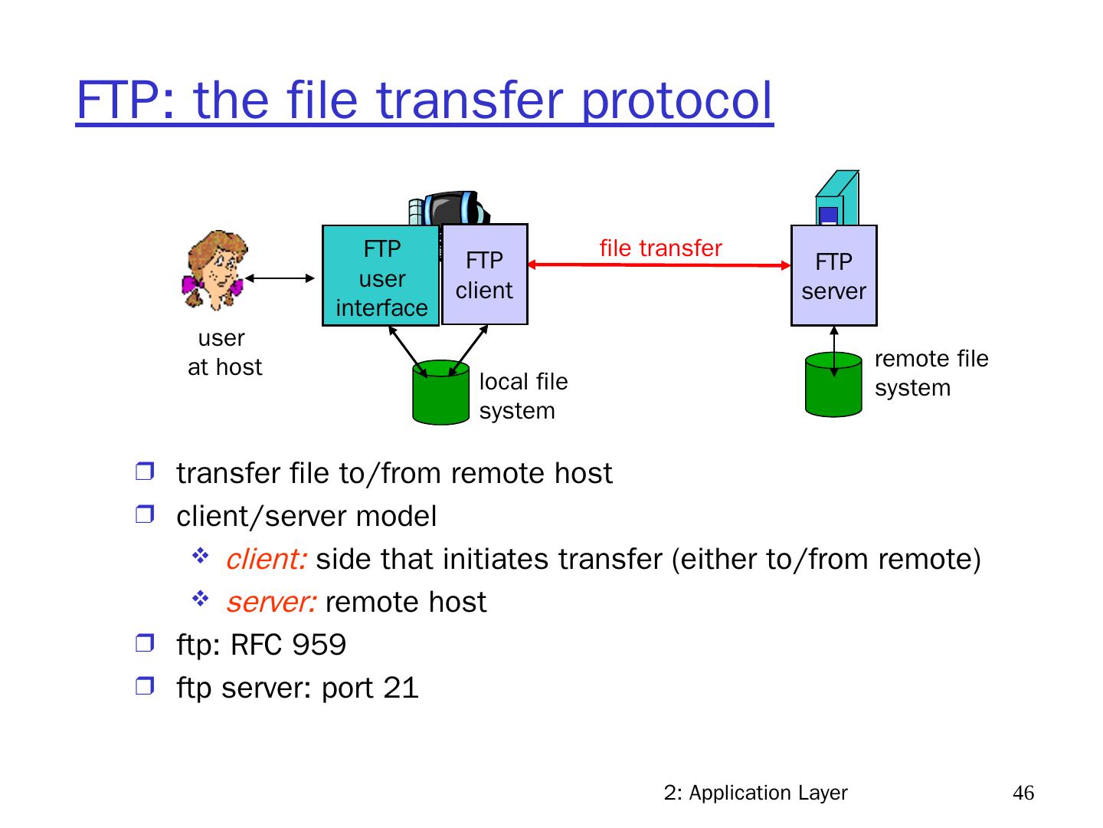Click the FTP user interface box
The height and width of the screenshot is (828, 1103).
pyautogui.click(x=381, y=276)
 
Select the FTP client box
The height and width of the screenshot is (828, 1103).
pyautogui.click(x=485, y=274)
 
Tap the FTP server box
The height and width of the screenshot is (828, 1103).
pyautogui.click(x=833, y=276)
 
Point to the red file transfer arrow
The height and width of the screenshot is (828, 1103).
pyautogui.click(x=659, y=265)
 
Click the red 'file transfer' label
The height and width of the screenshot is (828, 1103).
pyautogui.click(x=660, y=248)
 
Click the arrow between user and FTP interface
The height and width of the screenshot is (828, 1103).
pyautogui.click(x=279, y=278)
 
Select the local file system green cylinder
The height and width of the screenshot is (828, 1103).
pyautogui.click(x=440, y=393)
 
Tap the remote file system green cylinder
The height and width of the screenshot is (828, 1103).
pyautogui.click(x=833, y=385)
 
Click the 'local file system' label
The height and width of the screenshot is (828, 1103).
pyautogui.click(x=523, y=396)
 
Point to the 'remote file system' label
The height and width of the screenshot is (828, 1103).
pyautogui.click(x=931, y=373)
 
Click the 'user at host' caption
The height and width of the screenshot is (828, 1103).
pyautogui.click(x=224, y=353)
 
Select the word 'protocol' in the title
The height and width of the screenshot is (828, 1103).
pyautogui.click(x=677, y=100)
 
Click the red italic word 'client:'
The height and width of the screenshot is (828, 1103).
pyautogui.click(x=266, y=560)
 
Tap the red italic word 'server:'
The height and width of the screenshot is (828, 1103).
pyautogui.click(x=271, y=603)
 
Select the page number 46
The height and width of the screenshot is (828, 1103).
pyautogui.click(x=1023, y=793)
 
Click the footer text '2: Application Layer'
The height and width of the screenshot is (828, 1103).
pyautogui.click(x=755, y=793)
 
